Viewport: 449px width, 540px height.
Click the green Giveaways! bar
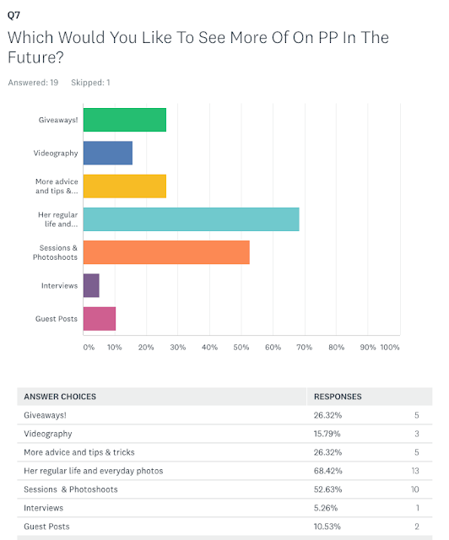(x=125, y=120)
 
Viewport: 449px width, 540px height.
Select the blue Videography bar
(x=108, y=153)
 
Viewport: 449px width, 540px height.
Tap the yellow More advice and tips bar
(x=125, y=186)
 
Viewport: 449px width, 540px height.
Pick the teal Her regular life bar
(x=192, y=219)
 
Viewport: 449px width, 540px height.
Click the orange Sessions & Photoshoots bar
(x=166, y=252)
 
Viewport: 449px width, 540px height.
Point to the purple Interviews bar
(x=91, y=285)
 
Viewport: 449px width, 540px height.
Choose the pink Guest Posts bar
(x=100, y=319)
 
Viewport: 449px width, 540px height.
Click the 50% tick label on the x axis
(x=241, y=347)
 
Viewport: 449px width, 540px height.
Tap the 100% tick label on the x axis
(x=390, y=347)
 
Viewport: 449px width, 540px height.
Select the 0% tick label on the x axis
(x=89, y=347)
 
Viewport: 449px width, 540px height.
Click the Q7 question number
(x=14, y=15)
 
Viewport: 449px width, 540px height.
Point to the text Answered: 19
(x=33, y=83)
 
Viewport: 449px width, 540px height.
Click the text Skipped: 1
(x=90, y=83)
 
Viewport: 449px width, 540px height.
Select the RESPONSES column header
(x=338, y=397)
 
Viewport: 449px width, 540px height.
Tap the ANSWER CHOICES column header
(x=60, y=397)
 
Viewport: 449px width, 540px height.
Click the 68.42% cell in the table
(x=327, y=471)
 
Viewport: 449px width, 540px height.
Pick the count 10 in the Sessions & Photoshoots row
(x=415, y=489)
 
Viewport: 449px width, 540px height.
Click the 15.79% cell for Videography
(x=327, y=434)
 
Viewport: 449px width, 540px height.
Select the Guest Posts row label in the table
(x=46, y=526)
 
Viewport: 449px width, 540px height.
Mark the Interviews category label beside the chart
(x=60, y=286)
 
